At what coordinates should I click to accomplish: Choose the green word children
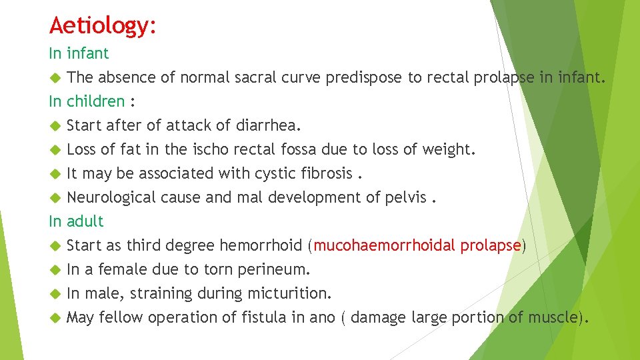pos(95,101)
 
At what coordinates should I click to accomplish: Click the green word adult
pos(85,221)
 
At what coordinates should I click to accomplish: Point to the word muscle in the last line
pos(551,317)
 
